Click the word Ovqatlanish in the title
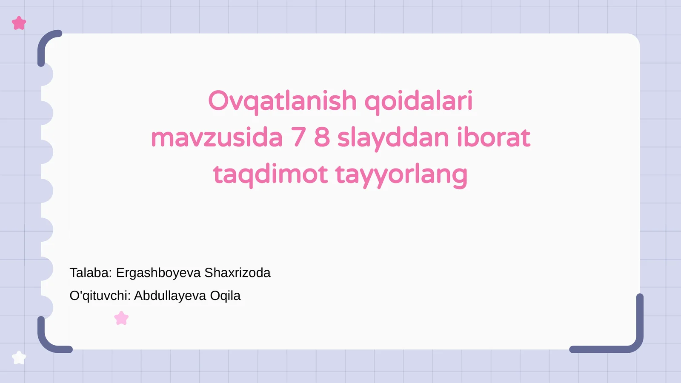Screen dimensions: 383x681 [x=282, y=101]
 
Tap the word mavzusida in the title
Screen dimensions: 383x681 [x=217, y=138]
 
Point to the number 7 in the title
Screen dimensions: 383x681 [x=298, y=138]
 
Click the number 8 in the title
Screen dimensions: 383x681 [x=322, y=138]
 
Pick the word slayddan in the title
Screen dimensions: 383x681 [x=393, y=138]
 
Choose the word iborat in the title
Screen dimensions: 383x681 [x=493, y=138]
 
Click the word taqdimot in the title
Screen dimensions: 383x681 [x=270, y=174]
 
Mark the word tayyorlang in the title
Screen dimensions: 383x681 [x=401, y=174]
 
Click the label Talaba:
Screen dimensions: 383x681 [x=91, y=273]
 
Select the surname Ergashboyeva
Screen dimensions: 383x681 [x=158, y=273]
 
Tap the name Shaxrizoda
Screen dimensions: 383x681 [x=237, y=273]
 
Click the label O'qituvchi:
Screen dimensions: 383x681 [x=100, y=296]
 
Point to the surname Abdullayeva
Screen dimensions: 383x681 [x=170, y=296]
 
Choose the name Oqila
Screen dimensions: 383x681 [x=225, y=296]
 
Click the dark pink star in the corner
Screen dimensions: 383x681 [x=19, y=23]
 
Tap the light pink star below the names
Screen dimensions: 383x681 [x=121, y=318]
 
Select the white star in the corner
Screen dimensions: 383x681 [x=19, y=357]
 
